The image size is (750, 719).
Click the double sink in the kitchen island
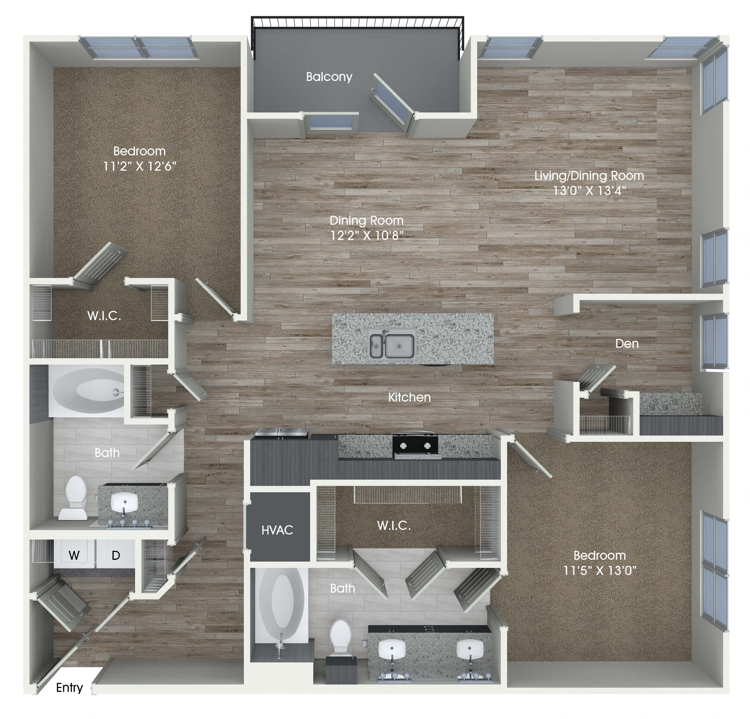392,345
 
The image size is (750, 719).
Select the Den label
627,343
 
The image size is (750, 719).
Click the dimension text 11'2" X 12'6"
140,166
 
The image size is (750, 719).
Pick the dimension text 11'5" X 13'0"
600,571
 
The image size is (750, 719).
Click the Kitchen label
409,397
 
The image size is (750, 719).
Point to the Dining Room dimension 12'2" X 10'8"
367,235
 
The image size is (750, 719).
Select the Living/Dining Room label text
589,176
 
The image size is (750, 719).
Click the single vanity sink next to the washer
124,502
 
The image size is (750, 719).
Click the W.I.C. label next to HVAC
394,526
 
